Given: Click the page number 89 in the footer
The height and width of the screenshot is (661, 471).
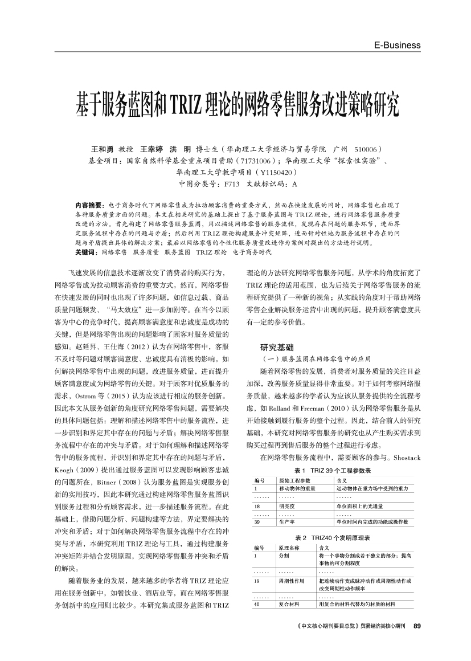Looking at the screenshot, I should [x=416, y=643].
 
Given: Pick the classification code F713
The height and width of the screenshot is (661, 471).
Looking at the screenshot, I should [x=232, y=184].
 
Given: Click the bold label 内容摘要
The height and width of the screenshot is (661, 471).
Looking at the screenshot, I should [x=88, y=204].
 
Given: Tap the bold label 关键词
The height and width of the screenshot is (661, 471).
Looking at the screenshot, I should [x=85, y=251].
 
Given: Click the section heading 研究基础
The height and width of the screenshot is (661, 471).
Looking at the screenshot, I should [x=277, y=346].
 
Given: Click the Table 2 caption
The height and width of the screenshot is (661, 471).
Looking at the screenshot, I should [x=333, y=538].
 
